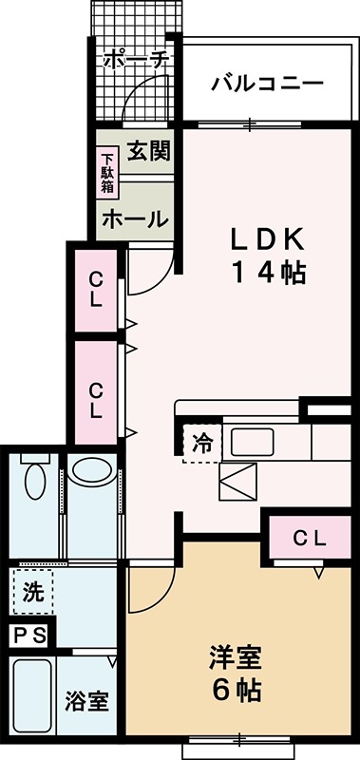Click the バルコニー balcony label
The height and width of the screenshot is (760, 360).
[x=267, y=83]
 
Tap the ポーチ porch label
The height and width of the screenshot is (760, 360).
[x=137, y=59]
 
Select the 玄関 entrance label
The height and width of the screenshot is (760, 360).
[x=147, y=150]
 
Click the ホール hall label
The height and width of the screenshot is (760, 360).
[x=135, y=218]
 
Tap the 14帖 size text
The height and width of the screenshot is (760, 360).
[x=269, y=273]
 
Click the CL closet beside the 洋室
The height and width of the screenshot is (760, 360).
[x=309, y=539]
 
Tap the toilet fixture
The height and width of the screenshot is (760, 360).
[x=34, y=483]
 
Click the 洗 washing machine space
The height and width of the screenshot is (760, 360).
[x=33, y=594]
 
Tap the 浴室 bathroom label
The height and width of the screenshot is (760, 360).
[x=87, y=702]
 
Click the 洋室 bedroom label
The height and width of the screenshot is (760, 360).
[x=236, y=656]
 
